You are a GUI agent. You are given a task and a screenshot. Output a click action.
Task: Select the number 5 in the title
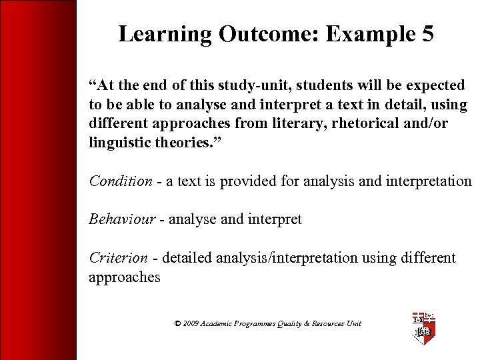426,34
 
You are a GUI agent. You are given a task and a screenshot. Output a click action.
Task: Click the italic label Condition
121,181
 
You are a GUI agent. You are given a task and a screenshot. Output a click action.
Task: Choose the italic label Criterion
119,258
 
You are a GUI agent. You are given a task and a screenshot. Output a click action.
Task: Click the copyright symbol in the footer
177,323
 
